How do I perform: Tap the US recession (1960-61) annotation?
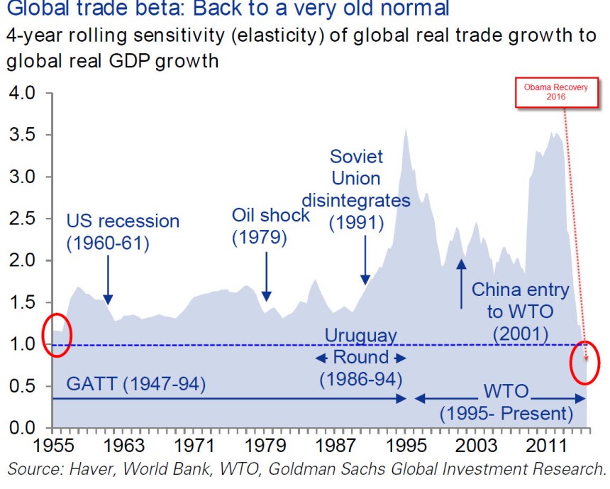123,231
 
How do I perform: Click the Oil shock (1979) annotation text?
270,226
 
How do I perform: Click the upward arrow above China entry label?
461,283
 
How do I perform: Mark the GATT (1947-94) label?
135,385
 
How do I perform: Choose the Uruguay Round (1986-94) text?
360,356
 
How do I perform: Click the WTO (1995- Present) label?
506,402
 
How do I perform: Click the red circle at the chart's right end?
586,362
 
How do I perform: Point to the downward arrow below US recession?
107,280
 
